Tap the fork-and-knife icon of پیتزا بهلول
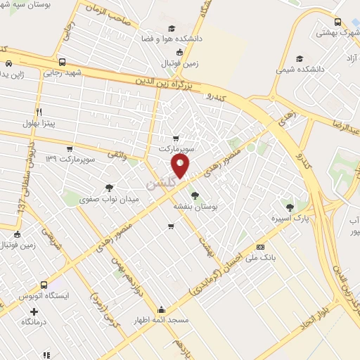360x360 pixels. (39, 112)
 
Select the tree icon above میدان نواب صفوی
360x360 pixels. (108, 188)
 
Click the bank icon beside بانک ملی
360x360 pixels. (261, 247)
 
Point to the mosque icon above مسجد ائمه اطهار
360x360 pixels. (162, 308)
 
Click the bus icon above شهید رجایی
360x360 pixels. (63, 61)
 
